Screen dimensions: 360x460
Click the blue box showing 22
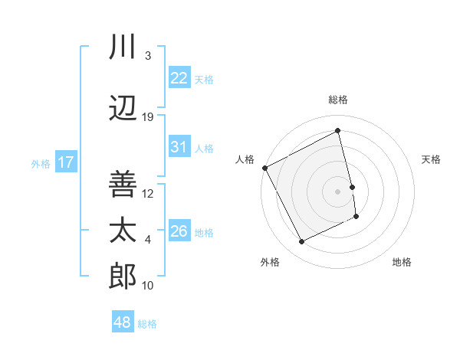(x=179, y=77)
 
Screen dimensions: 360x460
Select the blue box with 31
(x=179, y=147)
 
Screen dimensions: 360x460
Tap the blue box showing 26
(x=179, y=231)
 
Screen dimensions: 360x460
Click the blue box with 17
(x=65, y=162)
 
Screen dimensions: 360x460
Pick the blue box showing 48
(x=123, y=322)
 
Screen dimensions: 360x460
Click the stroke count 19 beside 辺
(x=148, y=117)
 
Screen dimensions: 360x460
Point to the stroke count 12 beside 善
(x=148, y=193)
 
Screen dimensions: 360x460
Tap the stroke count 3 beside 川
(x=148, y=56)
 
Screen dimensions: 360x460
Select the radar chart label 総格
(x=338, y=100)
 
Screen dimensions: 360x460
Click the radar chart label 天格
(x=432, y=159)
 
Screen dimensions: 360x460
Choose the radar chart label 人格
(x=245, y=159)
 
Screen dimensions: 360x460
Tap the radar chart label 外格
(x=270, y=262)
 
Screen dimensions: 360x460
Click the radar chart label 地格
(x=402, y=262)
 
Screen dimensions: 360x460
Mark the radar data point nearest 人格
(x=264, y=168)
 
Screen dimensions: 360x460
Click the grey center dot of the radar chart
(x=338, y=191)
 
